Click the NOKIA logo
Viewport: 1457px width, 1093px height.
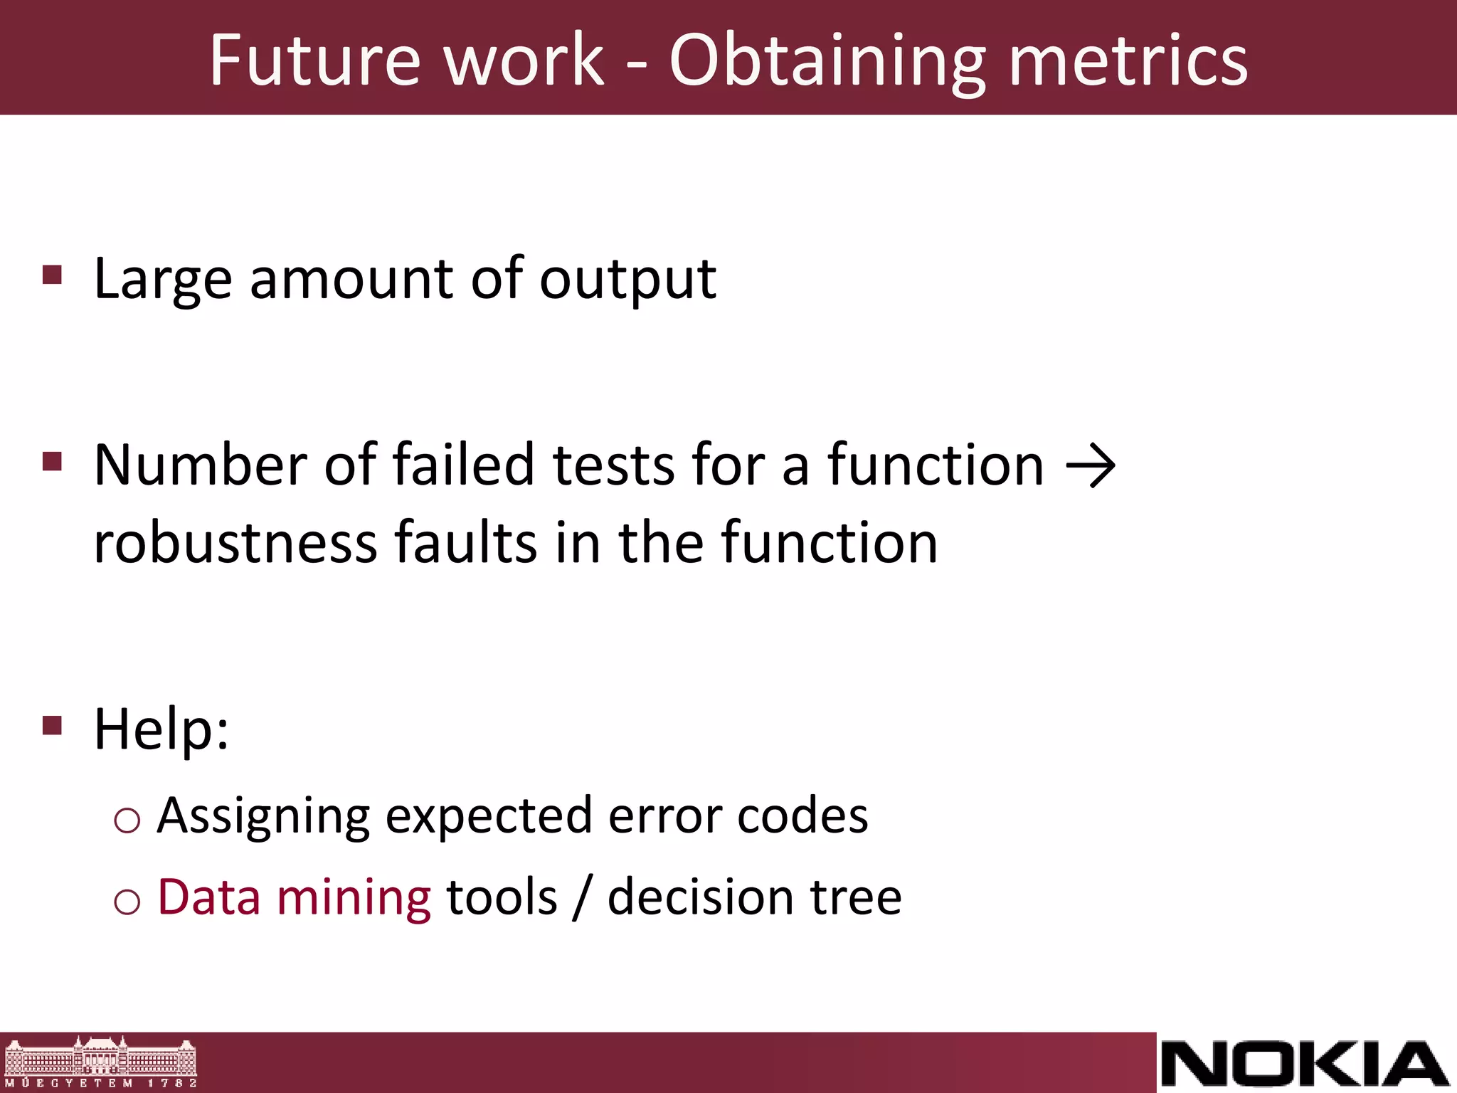(1305, 1063)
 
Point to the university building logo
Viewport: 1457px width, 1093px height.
(100, 1062)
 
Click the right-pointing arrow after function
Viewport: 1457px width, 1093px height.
(1091, 467)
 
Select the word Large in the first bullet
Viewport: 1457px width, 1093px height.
(163, 280)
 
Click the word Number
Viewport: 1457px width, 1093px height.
(200, 465)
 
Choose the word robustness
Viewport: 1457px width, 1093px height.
(235, 543)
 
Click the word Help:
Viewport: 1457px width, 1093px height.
(161, 729)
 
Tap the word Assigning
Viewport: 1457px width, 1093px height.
(264, 816)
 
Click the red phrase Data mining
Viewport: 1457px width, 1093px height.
(294, 897)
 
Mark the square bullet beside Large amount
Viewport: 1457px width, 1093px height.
(53, 275)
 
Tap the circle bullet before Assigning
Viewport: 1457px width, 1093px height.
(127, 821)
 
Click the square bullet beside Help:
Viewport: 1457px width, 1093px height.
(53, 725)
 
